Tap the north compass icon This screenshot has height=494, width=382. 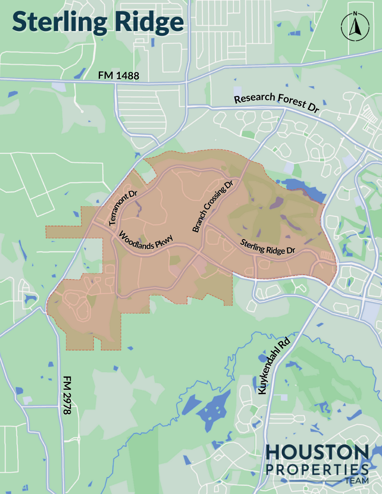coord(354,27)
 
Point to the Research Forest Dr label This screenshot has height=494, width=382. coord(276,103)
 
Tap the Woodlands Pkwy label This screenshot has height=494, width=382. coord(146,242)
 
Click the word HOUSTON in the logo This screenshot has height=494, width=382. coord(317,452)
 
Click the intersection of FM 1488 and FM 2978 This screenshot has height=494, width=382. coord(116,83)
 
